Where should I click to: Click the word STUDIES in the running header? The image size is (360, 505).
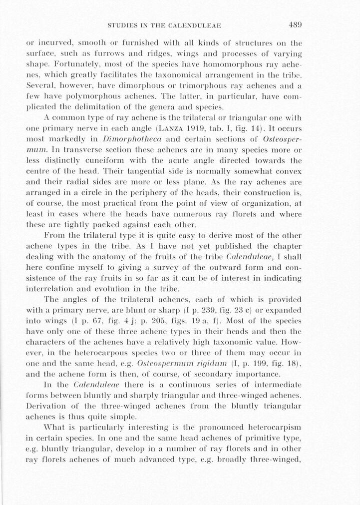click(124, 25)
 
